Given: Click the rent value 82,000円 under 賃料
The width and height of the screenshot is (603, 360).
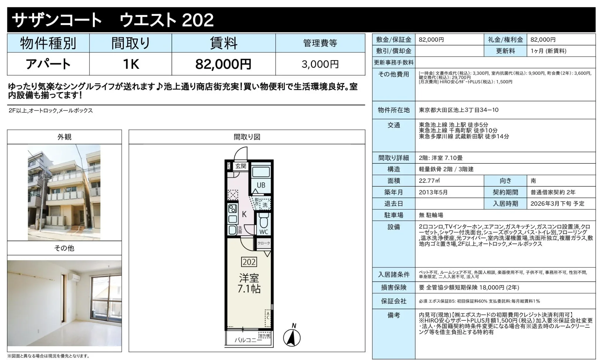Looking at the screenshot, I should [x=223, y=64].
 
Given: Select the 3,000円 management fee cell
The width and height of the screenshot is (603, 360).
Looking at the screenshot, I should [x=320, y=64].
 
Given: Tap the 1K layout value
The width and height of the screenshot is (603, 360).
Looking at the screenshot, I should [x=131, y=64].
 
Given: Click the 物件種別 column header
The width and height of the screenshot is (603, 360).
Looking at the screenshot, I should [x=48, y=43].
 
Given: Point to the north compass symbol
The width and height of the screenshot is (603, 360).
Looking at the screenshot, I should [x=292, y=337].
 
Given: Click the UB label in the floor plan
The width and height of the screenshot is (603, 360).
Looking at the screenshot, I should [x=261, y=185].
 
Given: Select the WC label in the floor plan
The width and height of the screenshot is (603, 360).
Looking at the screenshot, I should [x=264, y=232].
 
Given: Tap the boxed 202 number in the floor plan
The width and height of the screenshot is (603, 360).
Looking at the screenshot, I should [x=249, y=262].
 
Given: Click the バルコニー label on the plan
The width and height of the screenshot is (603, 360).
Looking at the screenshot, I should [x=248, y=340].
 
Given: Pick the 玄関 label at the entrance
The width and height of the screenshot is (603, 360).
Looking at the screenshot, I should [x=241, y=166].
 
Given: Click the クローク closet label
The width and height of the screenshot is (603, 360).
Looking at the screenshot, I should [x=264, y=243].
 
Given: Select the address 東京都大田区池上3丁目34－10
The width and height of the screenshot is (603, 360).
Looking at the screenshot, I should [x=458, y=110].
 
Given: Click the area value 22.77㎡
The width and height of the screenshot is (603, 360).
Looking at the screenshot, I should [x=430, y=181].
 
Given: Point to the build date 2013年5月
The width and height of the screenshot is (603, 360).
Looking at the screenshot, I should [x=433, y=192].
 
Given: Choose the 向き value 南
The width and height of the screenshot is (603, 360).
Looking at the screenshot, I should [x=533, y=181].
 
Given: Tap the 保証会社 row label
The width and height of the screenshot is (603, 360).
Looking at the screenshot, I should [x=394, y=301].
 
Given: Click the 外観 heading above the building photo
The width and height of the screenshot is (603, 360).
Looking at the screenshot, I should [x=64, y=137].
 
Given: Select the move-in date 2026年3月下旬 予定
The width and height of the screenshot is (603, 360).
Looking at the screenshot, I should [x=557, y=204].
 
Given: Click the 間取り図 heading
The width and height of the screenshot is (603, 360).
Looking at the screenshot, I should [x=247, y=137].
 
